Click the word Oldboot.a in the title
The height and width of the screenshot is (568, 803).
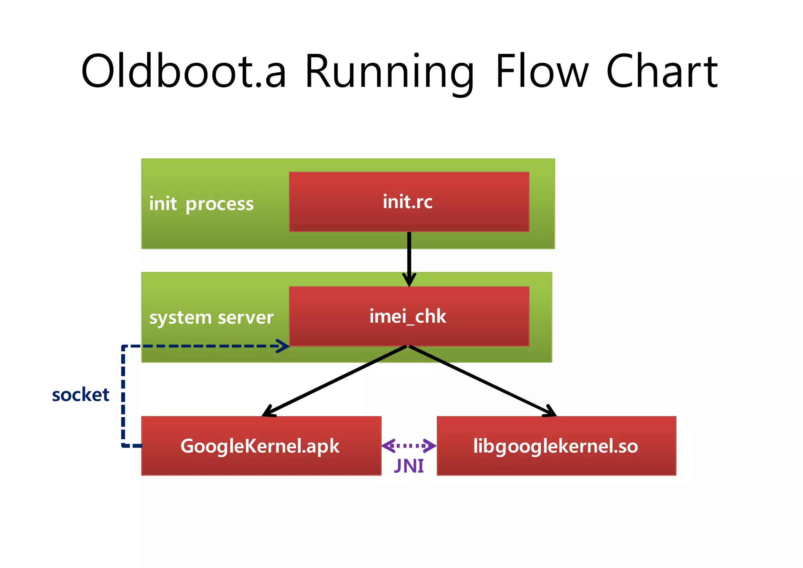tap(183, 71)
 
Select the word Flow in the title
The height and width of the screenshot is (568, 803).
tap(541, 71)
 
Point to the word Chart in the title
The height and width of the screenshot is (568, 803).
tap(661, 71)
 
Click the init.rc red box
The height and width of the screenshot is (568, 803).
tap(409, 202)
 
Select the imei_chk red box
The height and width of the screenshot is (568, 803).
tap(409, 316)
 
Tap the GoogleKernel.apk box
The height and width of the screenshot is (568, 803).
tap(261, 446)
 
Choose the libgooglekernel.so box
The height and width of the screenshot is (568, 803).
tap(556, 446)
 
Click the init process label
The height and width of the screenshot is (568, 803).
tap(201, 204)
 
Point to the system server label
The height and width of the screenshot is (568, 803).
tap(211, 317)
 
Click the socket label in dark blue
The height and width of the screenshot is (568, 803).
tap(80, 395)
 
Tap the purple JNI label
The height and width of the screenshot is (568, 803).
tap(409, 466)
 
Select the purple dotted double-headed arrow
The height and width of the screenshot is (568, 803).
tap(409, 446)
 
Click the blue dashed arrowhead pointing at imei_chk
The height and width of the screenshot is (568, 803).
tap(283, 346)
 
